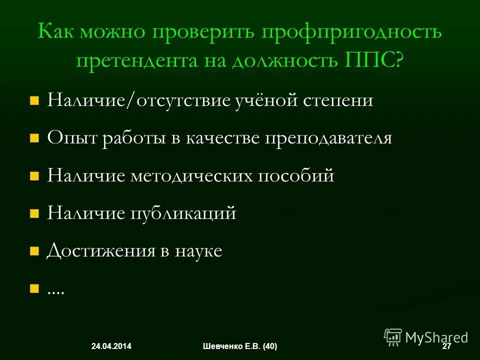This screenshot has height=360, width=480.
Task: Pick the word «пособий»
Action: click(x=296, y=176)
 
